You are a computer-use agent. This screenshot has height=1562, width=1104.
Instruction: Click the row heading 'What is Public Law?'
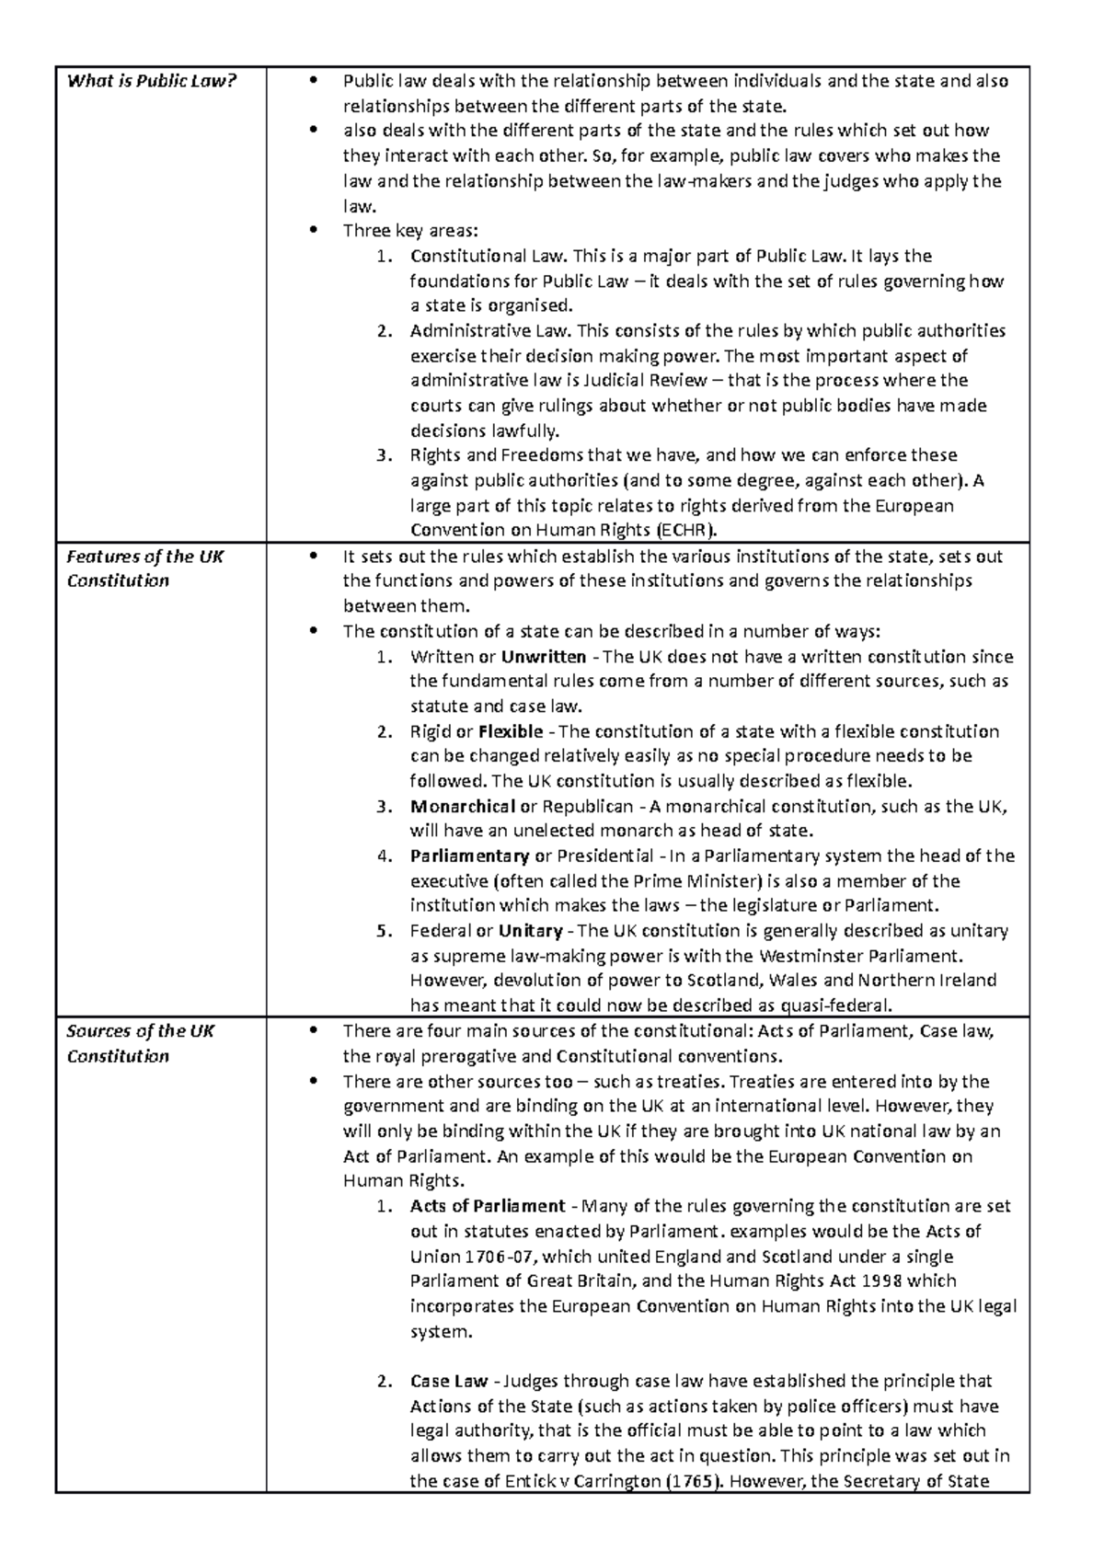(152, 81)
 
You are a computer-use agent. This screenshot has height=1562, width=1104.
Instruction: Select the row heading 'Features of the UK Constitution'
(144, 569)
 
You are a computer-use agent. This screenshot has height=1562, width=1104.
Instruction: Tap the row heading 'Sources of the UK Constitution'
(140, 1043)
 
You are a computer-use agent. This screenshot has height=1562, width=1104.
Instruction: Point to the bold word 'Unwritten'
(544, 657)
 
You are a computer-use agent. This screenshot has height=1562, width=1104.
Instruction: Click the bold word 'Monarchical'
(463, 806)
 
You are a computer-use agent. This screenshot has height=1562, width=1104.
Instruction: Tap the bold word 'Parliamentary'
(469, 856)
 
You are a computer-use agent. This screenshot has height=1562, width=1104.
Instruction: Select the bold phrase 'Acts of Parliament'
(488, 1206)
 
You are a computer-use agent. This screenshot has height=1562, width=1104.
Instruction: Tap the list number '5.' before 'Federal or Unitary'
(385, 930)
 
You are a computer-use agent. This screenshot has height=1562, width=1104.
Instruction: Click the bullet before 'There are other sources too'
(315, 1081)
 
